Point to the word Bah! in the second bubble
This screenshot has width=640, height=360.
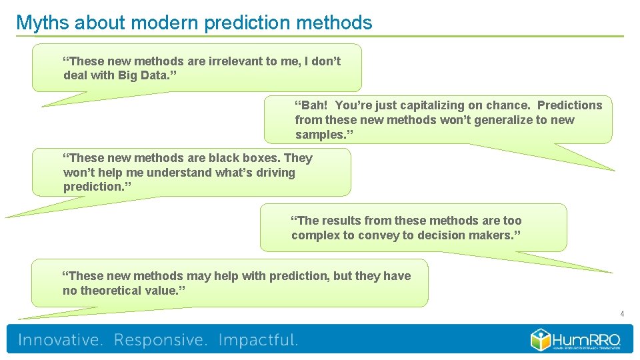pyautogui.click(x=311, y=105)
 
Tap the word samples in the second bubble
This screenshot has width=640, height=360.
pyautogui.click(x=320, y=135)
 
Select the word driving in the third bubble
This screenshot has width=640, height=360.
pyautogui.click(x=275, y=173)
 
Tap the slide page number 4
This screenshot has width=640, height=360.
pyautogui.click(x=621, y=314)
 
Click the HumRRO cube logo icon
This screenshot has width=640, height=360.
pyautogui.click(x=540, y=339)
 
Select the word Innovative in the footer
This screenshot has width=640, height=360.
pyautogui.click(x=60, y=340)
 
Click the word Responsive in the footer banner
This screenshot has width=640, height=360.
pyautogui.click(x=160, y=340)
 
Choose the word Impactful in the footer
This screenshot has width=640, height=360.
pyautogui.click(x=258, y=340)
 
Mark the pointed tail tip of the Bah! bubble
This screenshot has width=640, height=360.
pyautogui.click(x=613, y=171)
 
